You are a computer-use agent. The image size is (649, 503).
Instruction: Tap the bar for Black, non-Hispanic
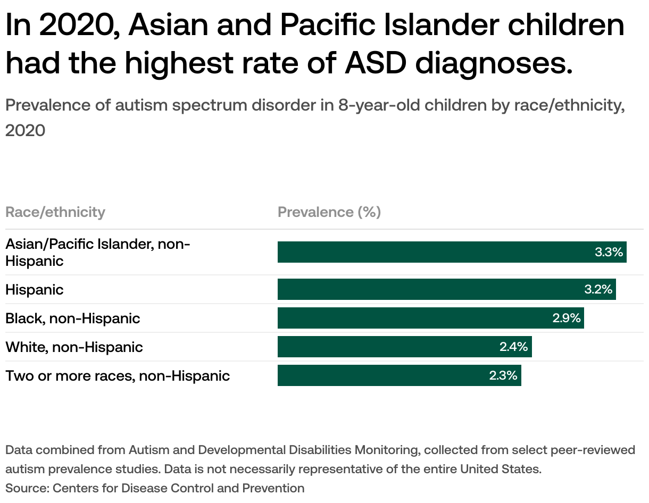tap(415, 318)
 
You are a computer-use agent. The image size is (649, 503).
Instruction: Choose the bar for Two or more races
tap(383, 375)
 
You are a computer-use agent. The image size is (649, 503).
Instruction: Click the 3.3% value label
tap(609, 252)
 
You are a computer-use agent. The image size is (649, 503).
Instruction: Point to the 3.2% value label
tap(598, 289)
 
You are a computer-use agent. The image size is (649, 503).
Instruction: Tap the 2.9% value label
tap(566, 318)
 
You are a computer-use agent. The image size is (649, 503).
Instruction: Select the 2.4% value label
tap(513, 347)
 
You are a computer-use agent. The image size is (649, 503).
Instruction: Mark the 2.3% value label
tap(503, 375)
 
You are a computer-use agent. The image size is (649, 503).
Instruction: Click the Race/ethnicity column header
tap(55, 212)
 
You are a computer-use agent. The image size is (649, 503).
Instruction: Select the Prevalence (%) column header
tap(329, 212)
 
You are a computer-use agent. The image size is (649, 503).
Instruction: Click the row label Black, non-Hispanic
tap(73, 318)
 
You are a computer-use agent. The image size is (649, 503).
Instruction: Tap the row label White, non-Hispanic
tap(74, 347)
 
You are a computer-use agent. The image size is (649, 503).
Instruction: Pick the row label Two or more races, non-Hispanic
tap(118, 376)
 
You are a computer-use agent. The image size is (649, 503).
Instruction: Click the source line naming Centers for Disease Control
tap(155, 488)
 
